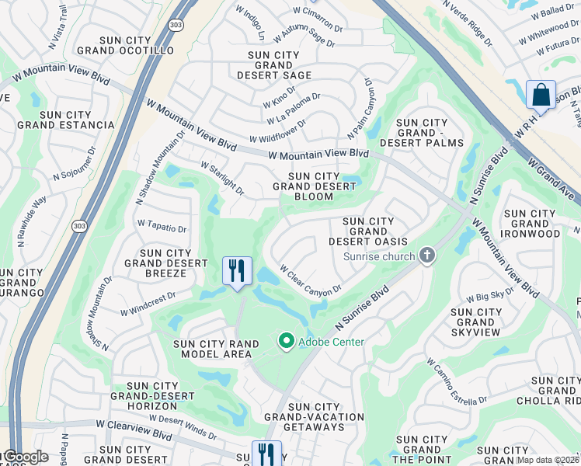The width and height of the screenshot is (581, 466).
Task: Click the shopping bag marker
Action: click(540, 95)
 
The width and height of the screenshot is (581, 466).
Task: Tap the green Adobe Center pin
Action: click(286, 341)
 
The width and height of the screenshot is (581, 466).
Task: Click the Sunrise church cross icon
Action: click(426, 256)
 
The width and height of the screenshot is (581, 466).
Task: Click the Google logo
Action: click(25, 457)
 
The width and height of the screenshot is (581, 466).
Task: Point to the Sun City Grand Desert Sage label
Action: click(279, 65)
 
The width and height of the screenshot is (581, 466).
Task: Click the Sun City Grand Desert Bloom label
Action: click(314, 186)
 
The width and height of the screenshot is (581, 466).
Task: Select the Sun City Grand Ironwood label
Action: click(531, 224)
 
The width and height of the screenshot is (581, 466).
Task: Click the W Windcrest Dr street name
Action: click(148, 304)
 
